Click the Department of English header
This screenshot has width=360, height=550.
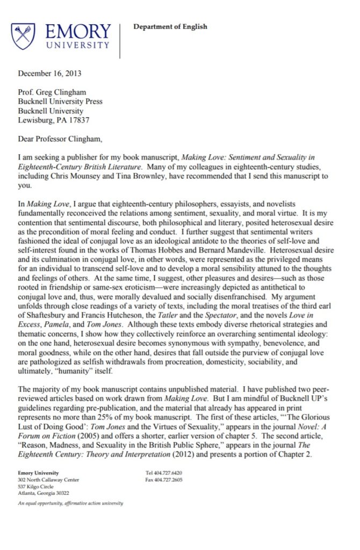pos(170,27)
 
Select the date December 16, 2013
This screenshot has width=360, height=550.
pos(50,73)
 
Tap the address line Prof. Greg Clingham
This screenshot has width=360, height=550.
pos(53,91)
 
